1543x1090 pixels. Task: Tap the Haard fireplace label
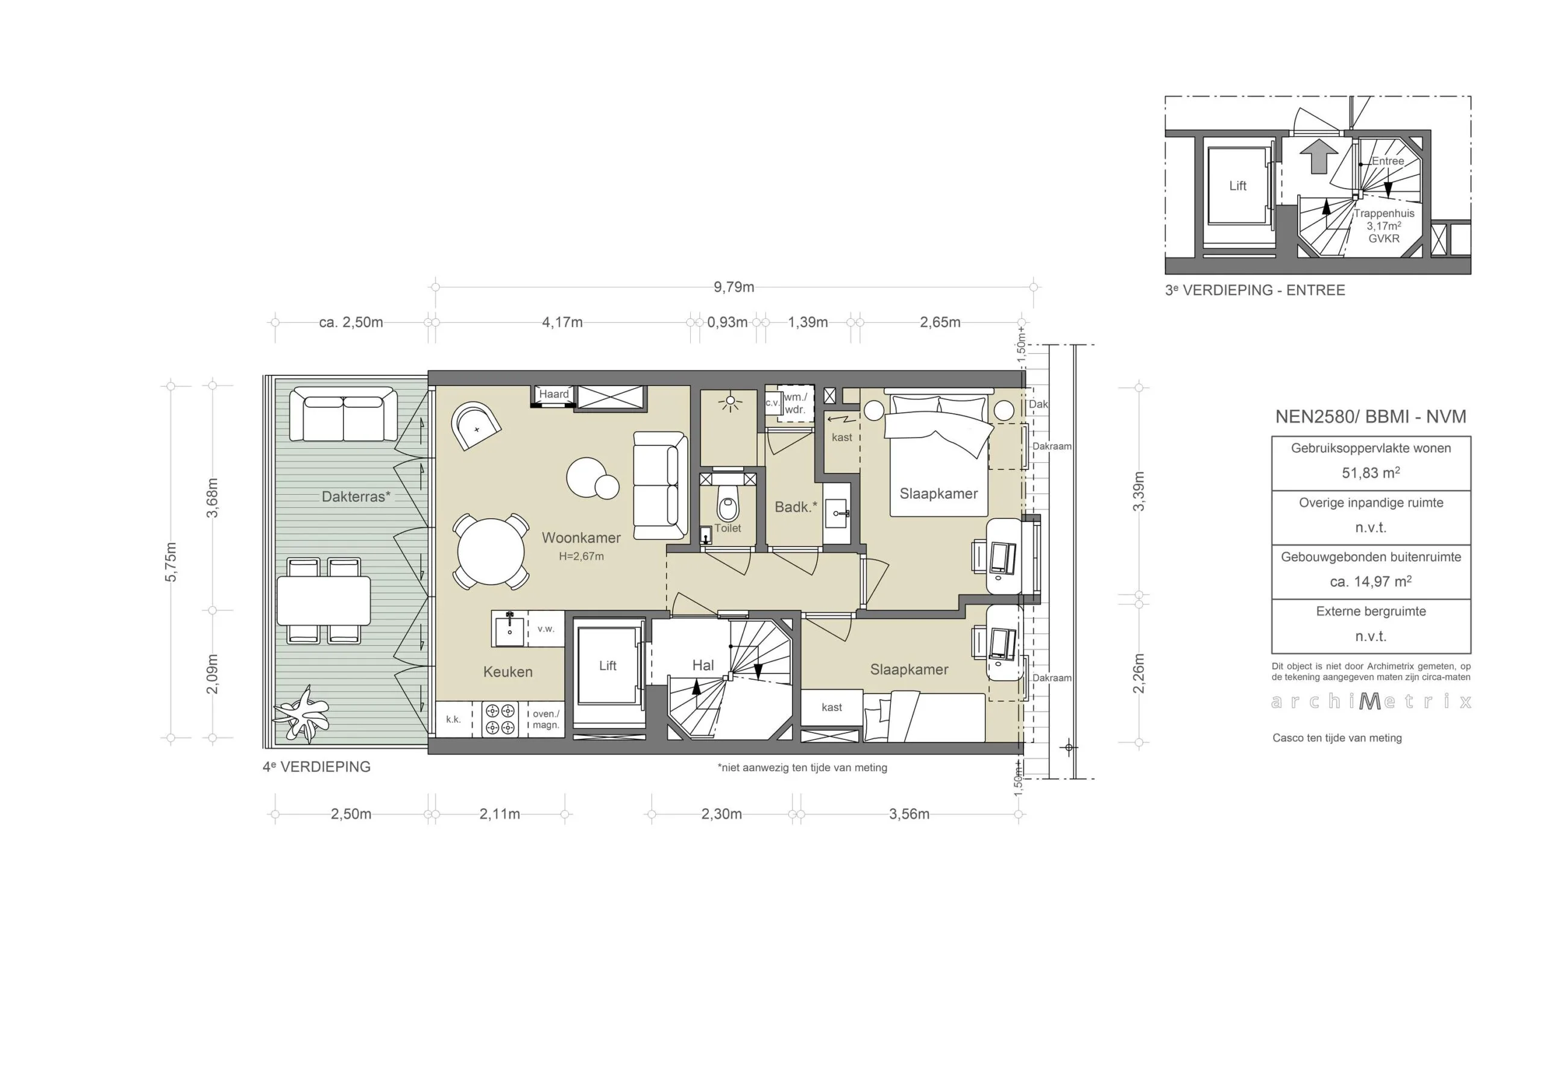tap(554, 395)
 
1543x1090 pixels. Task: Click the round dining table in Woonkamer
tap(491, 552)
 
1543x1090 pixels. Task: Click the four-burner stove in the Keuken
tap(500, 719)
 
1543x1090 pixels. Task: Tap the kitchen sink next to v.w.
tap(509, 630)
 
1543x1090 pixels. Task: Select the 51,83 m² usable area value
tap(1370, 473)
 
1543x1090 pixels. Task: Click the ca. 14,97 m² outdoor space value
tap(1370, 582)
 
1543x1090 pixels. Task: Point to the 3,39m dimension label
tap(1139, 491)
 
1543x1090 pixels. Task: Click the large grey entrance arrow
tap(1319, 157)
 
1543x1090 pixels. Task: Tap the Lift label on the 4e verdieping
tap(608, 666)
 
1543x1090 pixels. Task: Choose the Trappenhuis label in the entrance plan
tap(1384, 214)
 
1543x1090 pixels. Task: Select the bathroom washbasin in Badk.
tap(838, 514)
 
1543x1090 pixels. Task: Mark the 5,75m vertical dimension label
tap(171, 562)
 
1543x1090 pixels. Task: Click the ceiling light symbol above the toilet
tap(730, 403)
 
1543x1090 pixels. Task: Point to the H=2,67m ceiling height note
tap(581, 556)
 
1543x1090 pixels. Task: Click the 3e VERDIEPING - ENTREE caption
tap(1255, 290)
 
